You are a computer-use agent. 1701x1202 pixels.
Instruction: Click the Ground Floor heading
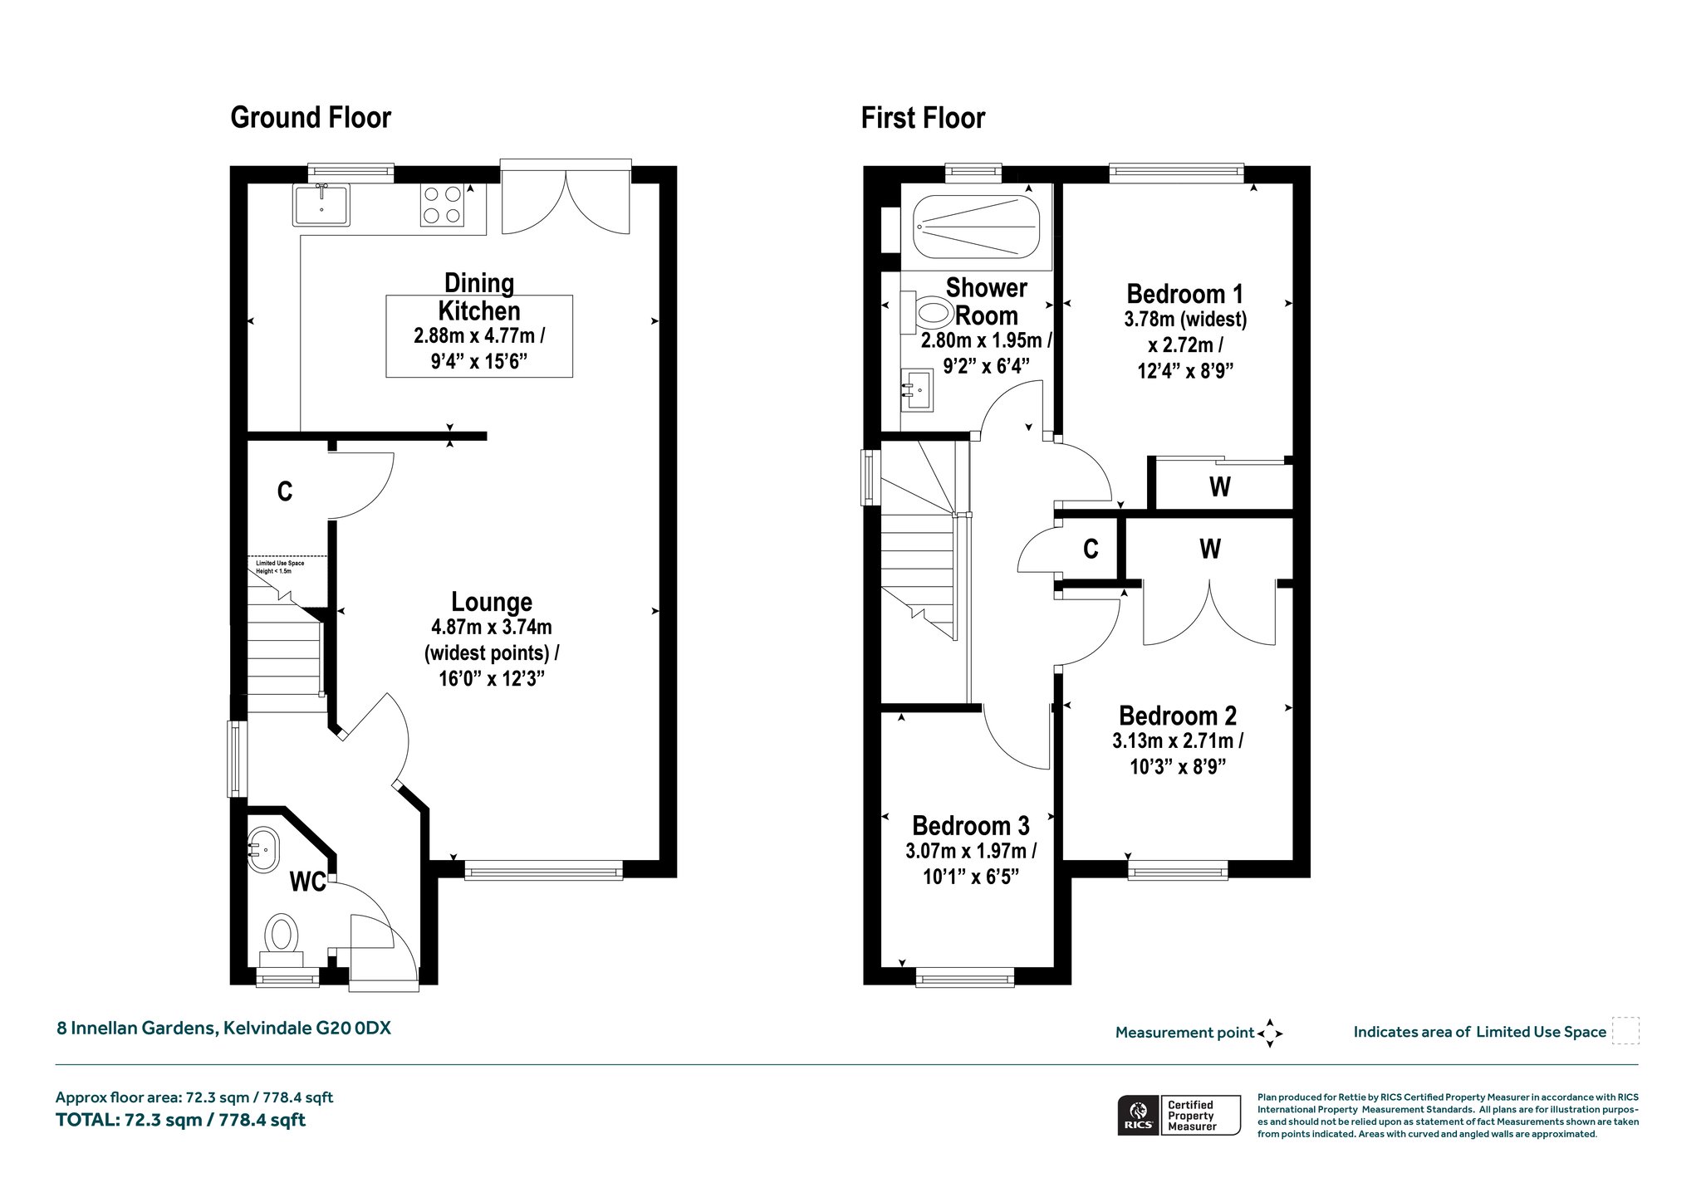(311, 118)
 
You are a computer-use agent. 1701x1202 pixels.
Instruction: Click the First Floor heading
(923, 118)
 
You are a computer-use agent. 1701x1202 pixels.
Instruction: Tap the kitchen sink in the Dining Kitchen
(321, 205)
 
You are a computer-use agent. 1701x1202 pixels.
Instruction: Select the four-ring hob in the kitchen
(442, 205)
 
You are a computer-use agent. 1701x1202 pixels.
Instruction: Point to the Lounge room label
(492, 602)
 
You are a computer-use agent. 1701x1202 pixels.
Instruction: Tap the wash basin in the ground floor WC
(263, 849)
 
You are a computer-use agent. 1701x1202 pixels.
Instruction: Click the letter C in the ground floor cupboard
(285, 492)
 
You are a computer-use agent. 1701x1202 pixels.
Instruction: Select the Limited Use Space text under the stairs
(280, 567)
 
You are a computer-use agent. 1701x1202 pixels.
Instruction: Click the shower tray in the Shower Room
(976, 226)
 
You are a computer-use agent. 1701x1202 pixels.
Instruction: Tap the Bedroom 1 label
(1185, 294)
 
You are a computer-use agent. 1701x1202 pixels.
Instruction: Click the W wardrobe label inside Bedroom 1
(1219, 486)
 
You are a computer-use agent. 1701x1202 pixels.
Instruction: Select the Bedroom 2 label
(1178, 716)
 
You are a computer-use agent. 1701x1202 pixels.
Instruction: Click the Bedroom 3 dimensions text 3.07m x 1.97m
(971, 851)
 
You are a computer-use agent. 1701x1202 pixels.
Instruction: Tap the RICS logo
(1138, 1115)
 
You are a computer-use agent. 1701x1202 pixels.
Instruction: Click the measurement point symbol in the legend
(1270, 1033)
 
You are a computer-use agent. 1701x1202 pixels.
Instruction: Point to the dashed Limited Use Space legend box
(1625, 1031)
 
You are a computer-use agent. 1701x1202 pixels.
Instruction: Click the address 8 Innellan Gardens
(137, 1029)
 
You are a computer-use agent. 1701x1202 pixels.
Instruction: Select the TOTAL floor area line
(180, 1120)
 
